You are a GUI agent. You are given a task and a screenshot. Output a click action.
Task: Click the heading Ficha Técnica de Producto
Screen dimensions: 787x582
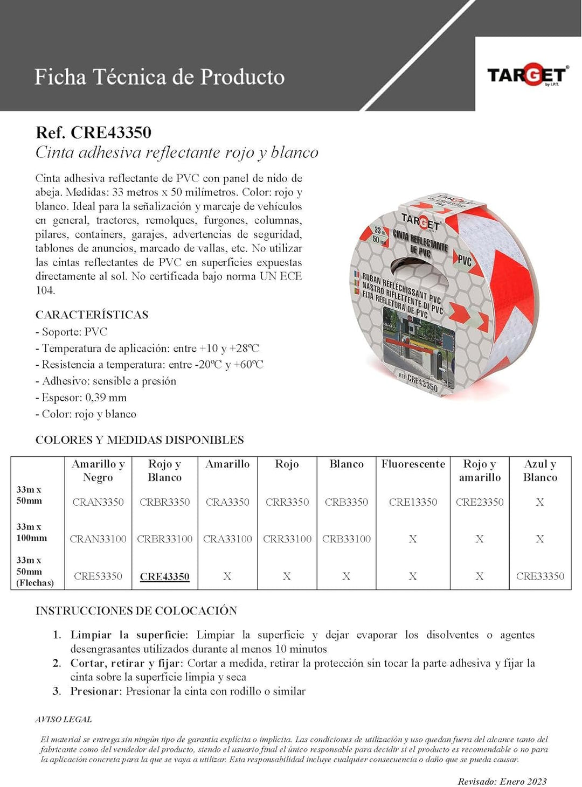click(x=160, y=77)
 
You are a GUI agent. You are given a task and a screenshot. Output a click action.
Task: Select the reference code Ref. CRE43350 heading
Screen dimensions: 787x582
click(x=93, y=133)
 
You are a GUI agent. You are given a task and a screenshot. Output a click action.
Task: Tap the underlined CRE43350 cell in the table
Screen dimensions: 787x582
click(x=164, y=576)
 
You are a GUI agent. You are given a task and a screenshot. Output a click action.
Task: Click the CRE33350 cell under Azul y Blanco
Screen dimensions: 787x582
click(x=540, y=576)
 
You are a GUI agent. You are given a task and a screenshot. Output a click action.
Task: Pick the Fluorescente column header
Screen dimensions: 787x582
click(x=413, y=464)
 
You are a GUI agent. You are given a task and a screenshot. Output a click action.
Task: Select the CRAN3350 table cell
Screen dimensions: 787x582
click(x=98, y=502)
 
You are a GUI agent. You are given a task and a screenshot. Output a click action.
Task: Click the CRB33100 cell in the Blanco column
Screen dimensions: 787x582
click(x=347, y=539)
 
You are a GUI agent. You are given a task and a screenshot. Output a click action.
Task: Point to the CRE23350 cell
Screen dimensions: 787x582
click(x=480, y=502)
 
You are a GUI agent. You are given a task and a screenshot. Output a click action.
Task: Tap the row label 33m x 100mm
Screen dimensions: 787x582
click(x=31, y=532)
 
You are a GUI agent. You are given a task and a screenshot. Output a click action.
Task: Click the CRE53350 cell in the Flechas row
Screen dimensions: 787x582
click(x=98, y=576)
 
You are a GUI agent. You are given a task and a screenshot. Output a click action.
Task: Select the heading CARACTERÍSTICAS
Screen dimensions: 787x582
click(x=92, y=315)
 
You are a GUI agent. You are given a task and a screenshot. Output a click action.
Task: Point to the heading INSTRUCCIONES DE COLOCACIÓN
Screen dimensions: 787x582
click(x=136, y=611)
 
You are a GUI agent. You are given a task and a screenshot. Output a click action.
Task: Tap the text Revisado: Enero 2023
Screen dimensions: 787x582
click(x=502, y=781)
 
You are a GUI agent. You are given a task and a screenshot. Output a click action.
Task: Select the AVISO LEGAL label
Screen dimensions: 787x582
click(x=64, y=719)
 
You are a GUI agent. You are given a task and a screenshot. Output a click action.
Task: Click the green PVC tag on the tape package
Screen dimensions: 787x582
click(x=464, y=261)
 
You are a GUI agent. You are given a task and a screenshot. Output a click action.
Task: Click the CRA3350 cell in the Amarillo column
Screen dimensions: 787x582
click(x=227, y=502)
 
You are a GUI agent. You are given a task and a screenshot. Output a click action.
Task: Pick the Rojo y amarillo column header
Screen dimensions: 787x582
click(x=480, y=470)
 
